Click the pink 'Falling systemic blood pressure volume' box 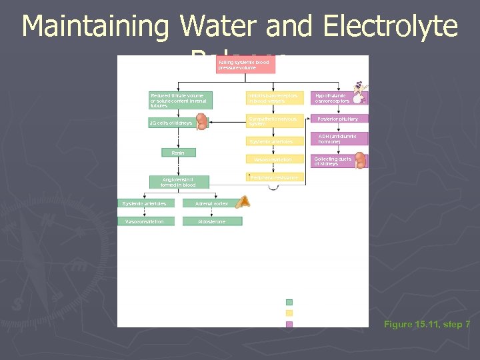(x=245, y=65)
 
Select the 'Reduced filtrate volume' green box (x=180, y=100)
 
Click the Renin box (x=179, y=153)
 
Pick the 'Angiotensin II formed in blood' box (x=179, y=181)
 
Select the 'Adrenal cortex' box (x=212, y=203)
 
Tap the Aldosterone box (x=212, y=221)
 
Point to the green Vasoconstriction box (x=145, y=221)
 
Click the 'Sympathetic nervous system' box (x=274, y=121)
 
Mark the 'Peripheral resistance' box (x=274, y=177)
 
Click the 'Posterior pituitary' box (x=338, y=119)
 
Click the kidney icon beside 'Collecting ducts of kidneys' (x=360, y=160)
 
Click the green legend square (x=289, y=302)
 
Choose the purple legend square (x=289, y=325)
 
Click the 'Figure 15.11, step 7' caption (x=427, y=324)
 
